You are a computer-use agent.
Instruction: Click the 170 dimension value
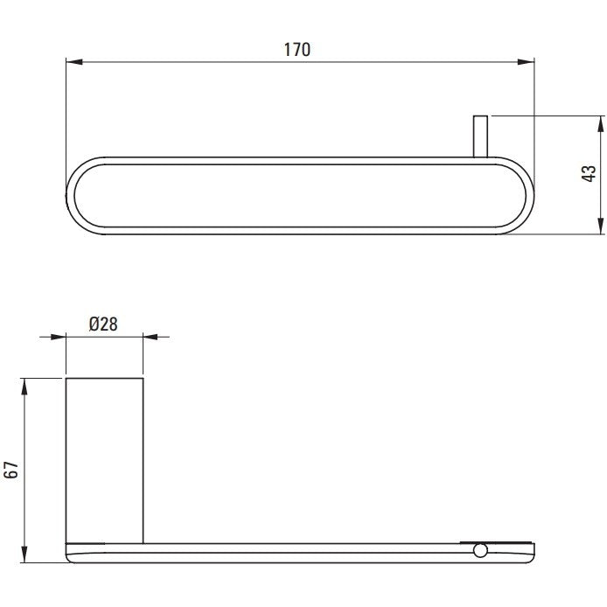[297, 50]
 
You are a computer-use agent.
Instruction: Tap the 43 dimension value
[589, 173]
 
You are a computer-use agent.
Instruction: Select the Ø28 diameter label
[103, 324]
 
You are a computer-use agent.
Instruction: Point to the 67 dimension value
[12, 470]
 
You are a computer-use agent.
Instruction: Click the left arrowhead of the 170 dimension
[74, 62]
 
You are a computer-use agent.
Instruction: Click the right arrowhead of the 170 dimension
[526, 62]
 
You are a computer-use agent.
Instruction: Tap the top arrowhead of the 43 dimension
[600, 124]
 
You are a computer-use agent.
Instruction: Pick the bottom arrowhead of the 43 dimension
[600, 226]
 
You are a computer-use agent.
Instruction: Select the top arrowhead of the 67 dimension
[24, 387]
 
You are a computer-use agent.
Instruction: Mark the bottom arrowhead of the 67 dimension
[24, 554]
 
